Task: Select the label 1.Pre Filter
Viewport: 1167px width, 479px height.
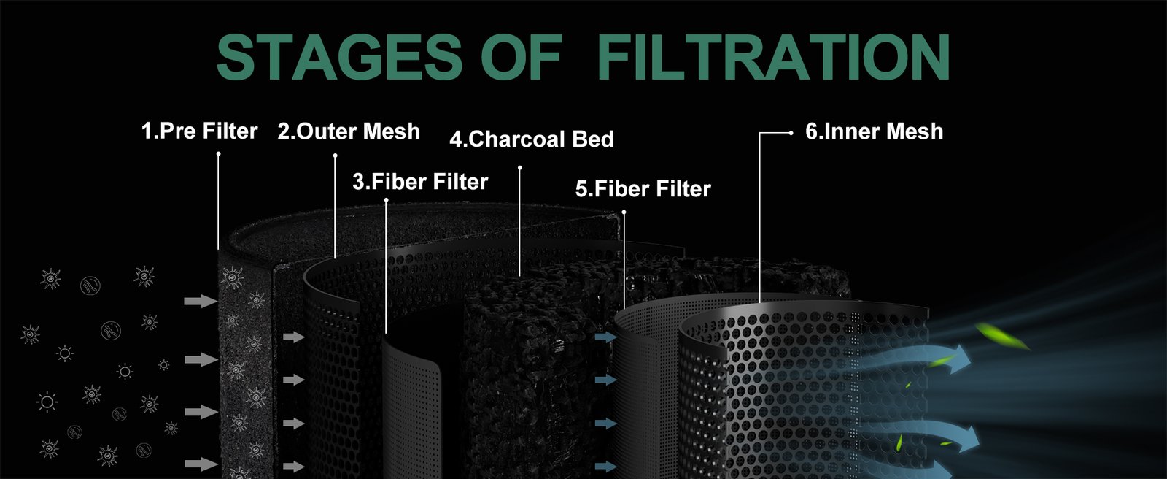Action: click(200, 131)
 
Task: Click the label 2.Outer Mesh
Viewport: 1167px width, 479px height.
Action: click(349, 131)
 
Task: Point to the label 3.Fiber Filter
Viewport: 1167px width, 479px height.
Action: click(420, 182)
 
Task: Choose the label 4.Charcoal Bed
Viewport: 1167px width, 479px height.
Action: click(532, 139)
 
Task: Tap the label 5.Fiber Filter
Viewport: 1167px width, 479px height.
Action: click(643, 189)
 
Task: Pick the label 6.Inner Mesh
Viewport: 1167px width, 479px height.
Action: click(875, 131)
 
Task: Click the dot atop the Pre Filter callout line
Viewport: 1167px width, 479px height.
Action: click(218, 153)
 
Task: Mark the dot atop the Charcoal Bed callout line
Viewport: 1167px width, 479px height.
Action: click(520, 167)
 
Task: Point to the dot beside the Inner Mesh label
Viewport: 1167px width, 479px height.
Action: click(791, 133)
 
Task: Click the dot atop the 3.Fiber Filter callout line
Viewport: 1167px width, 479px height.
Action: click(386, 200)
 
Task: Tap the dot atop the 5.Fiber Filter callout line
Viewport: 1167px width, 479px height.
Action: click(624, 212)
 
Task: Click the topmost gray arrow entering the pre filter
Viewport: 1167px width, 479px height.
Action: click(201, 301)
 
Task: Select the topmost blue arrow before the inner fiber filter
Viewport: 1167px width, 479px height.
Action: click(606, 337)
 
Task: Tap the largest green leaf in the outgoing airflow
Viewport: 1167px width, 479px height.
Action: click(1002, 337)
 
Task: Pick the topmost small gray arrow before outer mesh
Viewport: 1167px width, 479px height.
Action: click(294, 337)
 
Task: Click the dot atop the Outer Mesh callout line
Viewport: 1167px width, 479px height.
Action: click(335, 155)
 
